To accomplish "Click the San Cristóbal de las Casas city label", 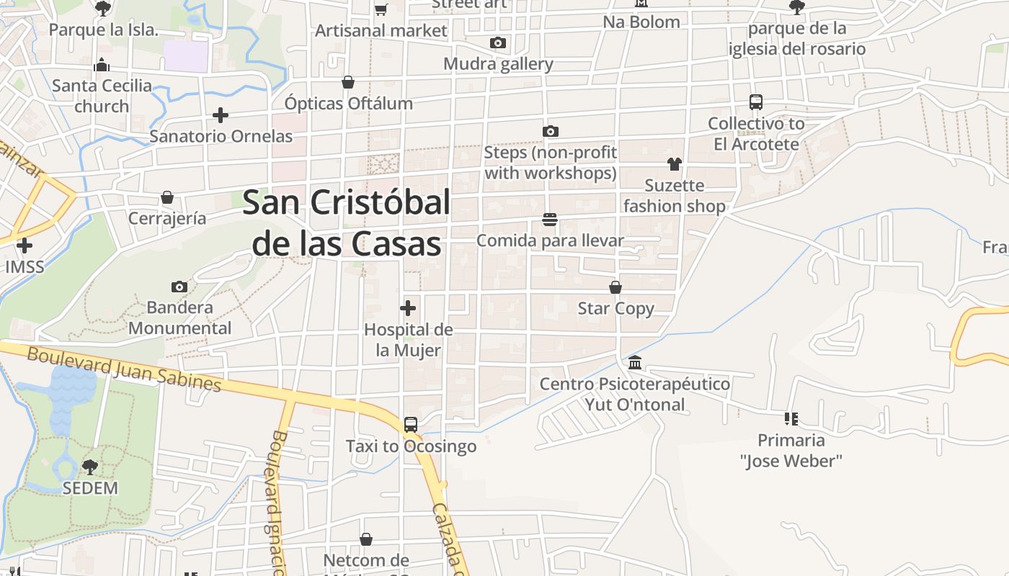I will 346,223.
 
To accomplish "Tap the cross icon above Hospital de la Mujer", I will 408,308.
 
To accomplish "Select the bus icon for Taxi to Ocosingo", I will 411,425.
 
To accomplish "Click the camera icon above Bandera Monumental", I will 179,287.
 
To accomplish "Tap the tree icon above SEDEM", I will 90,467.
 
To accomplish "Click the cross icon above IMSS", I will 25,246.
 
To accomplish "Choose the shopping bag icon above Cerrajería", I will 167,197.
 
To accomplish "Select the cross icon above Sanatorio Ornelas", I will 221,115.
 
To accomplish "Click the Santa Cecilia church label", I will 102,96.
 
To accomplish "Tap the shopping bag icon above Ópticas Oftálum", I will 348,82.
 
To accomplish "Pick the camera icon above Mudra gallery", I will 498,43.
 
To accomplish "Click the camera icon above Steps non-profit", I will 551,131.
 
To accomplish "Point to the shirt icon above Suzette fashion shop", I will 674,164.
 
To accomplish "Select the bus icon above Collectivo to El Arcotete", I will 756,102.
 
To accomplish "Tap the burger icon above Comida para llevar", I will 550,219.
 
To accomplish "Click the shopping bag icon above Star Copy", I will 615,287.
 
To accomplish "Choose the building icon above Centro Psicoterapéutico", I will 635,362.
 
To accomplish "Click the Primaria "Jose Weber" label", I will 791,450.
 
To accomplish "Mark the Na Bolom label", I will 641,22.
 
